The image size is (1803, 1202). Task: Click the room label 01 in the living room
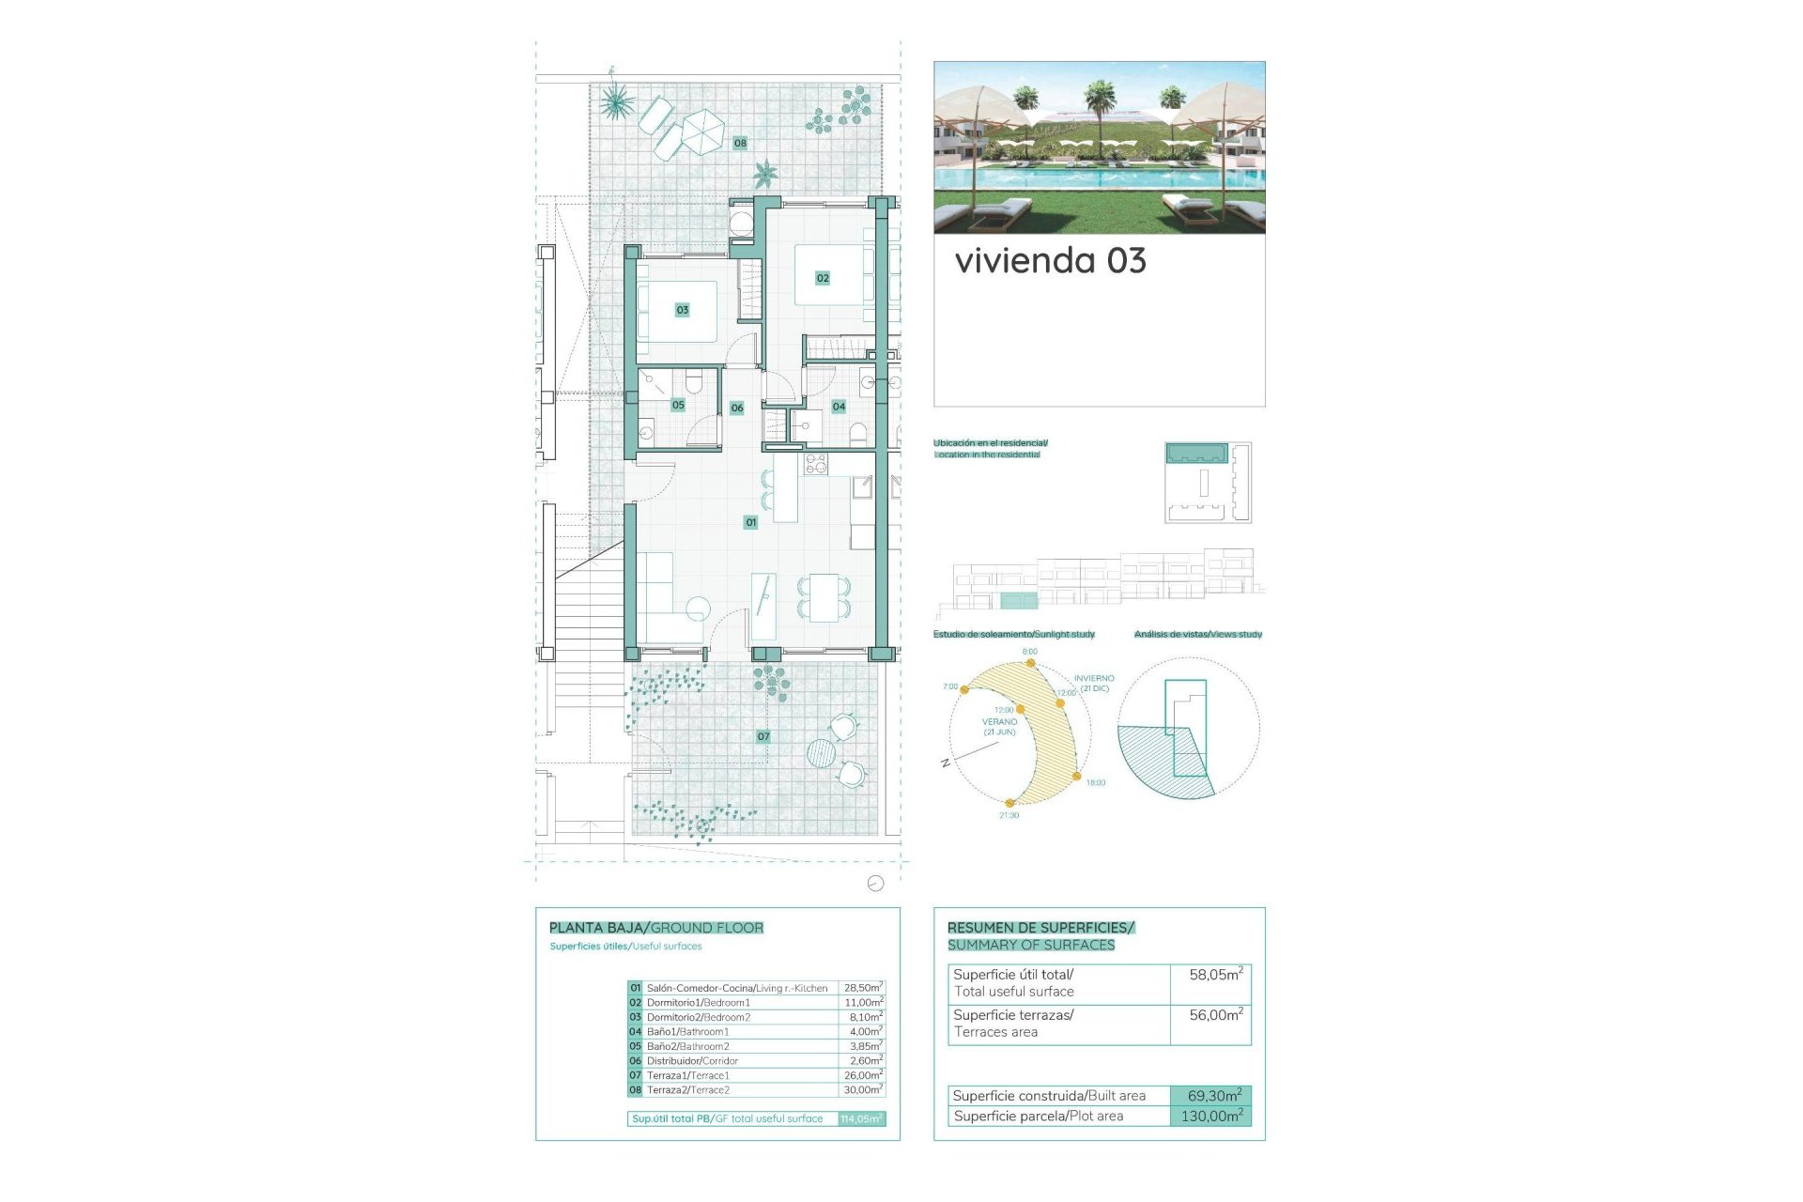tap(750, 522)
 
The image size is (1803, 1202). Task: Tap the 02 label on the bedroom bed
tap(823, 278)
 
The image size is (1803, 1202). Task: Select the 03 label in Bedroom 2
tap(683, 310)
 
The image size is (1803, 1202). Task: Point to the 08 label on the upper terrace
tap(740, 143)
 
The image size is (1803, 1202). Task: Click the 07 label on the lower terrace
tap(763, 736)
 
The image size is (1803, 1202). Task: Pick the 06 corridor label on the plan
tap(737, 408)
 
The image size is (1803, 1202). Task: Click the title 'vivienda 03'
tap(1050, 261)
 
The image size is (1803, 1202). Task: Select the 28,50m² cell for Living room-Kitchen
tap(862, 988)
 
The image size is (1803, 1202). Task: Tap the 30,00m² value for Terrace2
tap(862, 1090)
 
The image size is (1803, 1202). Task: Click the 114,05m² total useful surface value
tap(861, 1118)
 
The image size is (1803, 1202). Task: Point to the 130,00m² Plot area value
tap(1210, 1117)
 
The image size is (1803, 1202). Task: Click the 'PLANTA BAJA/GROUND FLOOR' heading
tap(655, 928)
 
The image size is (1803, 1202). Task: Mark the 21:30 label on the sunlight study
tap(1009, 815)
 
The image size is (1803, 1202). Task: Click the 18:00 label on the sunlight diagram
tap(1095, 782)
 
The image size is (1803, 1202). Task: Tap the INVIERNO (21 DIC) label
tap(1094, 683)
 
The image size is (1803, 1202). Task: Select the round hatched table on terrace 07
tap(821, 753)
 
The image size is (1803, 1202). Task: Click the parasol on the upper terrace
tap(701, 131)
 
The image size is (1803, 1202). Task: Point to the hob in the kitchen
tap(815, 463)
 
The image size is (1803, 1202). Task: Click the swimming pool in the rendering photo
tap(1099, 177)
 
